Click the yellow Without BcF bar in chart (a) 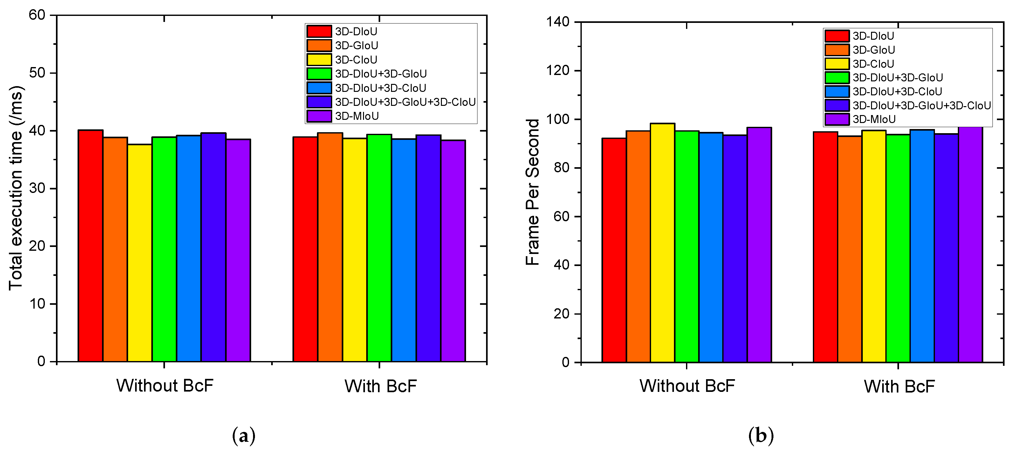coord(140,252)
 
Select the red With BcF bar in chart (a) coord(305,248)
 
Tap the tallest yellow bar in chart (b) coord(662,243)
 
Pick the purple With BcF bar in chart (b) coord(970,244)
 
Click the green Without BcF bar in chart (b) coord(687,246)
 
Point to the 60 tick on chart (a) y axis coord(37,15)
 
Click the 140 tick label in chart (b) coord(558,22)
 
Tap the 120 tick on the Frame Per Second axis coord(558,71)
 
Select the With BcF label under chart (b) coord(899,386)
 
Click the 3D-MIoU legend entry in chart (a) coord(357,116)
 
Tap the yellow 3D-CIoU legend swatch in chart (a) coord(319,59)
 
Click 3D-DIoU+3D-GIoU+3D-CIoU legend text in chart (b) coord(921,106)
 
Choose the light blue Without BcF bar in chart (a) coord(189,248)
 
